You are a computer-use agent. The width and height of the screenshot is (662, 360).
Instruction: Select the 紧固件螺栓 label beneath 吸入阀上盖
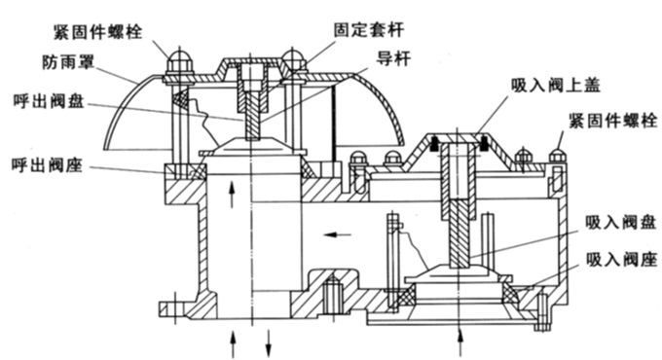tap(609, 122)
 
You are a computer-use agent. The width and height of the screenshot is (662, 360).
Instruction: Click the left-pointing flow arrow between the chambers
tap(338, 234)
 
